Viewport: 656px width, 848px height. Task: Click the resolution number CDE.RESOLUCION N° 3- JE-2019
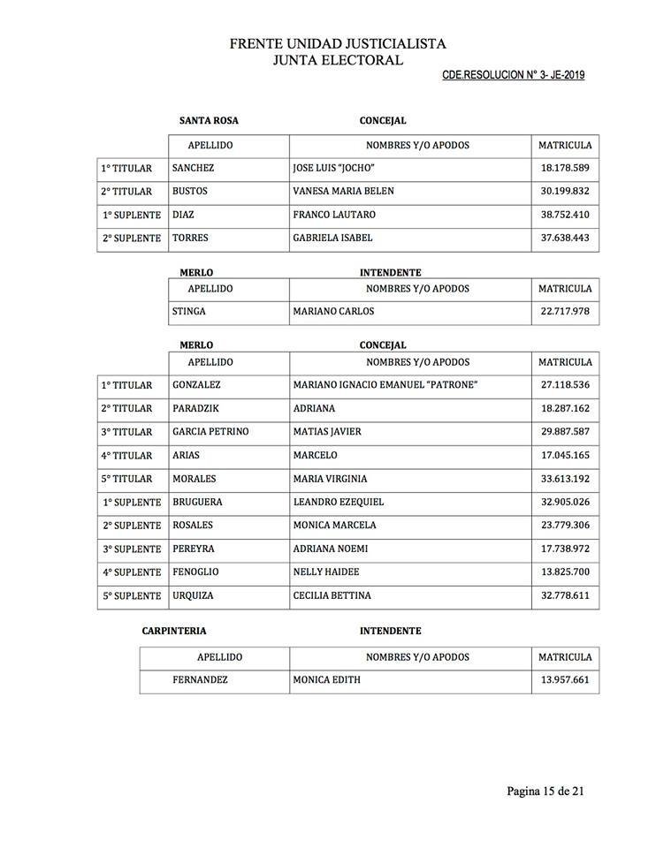[513, 75]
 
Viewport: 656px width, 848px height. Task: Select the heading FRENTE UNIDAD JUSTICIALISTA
[338, 42]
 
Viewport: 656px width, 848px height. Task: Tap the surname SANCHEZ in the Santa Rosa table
[193, 168]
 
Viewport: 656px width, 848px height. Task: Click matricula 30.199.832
[565, 192]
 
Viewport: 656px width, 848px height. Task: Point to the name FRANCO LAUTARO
[334, 215]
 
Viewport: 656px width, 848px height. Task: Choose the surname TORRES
[191, 238]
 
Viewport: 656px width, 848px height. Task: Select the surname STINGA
[189, 311]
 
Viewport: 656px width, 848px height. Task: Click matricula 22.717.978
[565, 311]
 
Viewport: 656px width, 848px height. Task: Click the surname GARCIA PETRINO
[210, 432]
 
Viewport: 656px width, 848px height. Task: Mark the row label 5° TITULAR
[126, 479]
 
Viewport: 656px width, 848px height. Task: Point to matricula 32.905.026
[565, 502]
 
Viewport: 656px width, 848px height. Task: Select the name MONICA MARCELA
[334, 526]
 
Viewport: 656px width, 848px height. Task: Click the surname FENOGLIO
[195, 572]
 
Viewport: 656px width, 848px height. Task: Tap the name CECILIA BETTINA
[332, 595]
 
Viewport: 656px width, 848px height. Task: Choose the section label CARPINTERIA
[174, 632]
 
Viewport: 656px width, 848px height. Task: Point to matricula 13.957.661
[565, 680]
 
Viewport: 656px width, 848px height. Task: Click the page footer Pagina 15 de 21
[545, 791]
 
